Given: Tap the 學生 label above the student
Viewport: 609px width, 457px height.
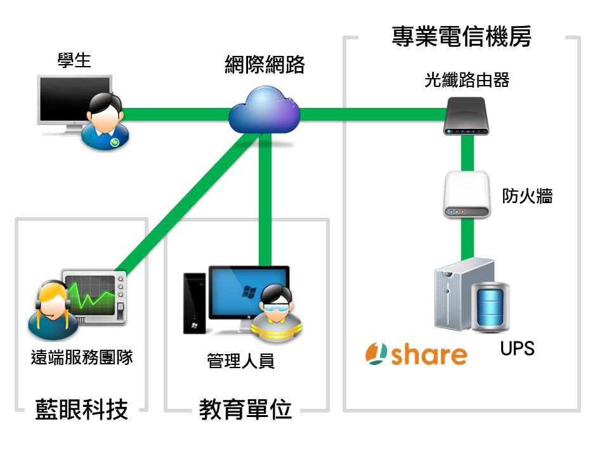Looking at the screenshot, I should pyautogui.click(x=74, y=60).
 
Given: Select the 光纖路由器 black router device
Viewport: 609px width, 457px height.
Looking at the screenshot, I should pyautogui.click(x=466, y=116).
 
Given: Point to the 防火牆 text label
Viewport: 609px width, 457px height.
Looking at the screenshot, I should pyautogui.click(x=527, y=196).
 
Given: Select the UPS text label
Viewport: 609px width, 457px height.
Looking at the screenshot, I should pyautogui.click(x=517, y=348).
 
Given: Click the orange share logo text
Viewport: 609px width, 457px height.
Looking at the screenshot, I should pyautogui.click(x=429, y=354).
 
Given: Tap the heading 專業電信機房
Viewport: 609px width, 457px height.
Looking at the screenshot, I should pyautogui.click(x=461, y=37).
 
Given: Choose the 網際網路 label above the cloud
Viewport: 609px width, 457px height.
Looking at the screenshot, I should pyautogui.click(x=265, y=65).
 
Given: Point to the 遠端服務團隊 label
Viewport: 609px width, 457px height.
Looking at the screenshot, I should pyautogui.click(x=82, y=357).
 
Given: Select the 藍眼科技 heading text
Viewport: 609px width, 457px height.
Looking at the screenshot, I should pyautogui.click(x=81, y=409).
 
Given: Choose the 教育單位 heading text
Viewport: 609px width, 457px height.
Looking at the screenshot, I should pyautogui.click(x=246, y=410).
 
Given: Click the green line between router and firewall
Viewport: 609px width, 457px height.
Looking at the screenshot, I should pyautogui.click(x=467, y=152).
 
